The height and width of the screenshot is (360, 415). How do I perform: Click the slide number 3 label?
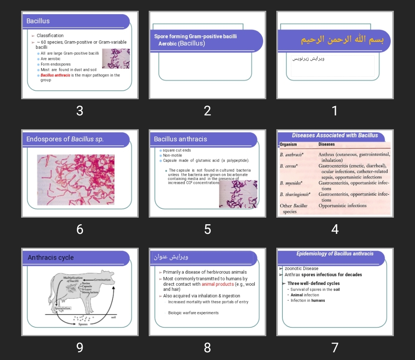(x=80, y=111)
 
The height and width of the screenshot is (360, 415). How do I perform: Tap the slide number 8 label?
(x=207, y=348)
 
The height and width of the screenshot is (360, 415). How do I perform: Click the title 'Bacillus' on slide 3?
(x=38, y=21)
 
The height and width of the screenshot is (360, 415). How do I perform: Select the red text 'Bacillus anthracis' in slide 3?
(x=55, y=75)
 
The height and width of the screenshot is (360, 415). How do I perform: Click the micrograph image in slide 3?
(x=116, y=58)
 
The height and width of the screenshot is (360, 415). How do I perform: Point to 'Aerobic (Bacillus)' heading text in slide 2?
(x=182, y=43)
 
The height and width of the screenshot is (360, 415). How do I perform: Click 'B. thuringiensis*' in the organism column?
(x=295, y=195)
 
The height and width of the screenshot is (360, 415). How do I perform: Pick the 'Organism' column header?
(x=288, y=145)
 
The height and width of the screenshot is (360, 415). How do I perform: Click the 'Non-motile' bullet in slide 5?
(x=173, y=155)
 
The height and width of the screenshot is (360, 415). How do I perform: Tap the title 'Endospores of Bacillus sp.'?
(x=65, y=139)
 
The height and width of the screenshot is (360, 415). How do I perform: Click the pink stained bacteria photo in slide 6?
(x=76, y=180)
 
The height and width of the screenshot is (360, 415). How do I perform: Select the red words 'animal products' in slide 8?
(x=217, y=284)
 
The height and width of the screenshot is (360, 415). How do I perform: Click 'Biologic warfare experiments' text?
(x=193, y=313)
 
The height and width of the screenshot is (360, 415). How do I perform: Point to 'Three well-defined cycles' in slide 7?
(x=314, y=283)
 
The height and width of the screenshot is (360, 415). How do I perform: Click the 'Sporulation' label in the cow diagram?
(x=62, y=308)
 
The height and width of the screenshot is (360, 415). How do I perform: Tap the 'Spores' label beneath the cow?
(x=83, y=324)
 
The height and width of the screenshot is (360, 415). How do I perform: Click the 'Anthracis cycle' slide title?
(x=51, y=258)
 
